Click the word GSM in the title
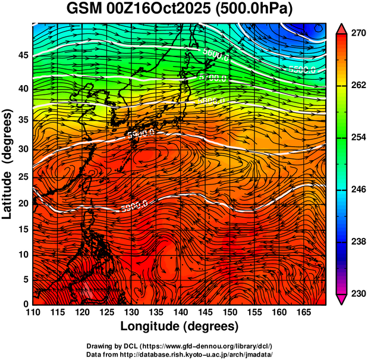84,10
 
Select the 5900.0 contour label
134,206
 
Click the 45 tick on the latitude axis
22,55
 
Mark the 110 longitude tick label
33,312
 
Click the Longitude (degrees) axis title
180,326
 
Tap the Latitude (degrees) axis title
8,164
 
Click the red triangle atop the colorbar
341,28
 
